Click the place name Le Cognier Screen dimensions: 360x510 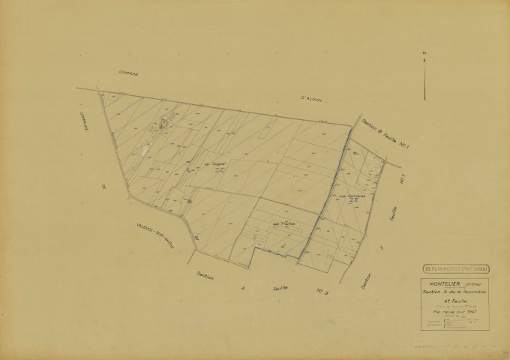point(216,162)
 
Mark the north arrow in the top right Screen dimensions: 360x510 point(424,60)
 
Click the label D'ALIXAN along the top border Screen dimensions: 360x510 point(310,98)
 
